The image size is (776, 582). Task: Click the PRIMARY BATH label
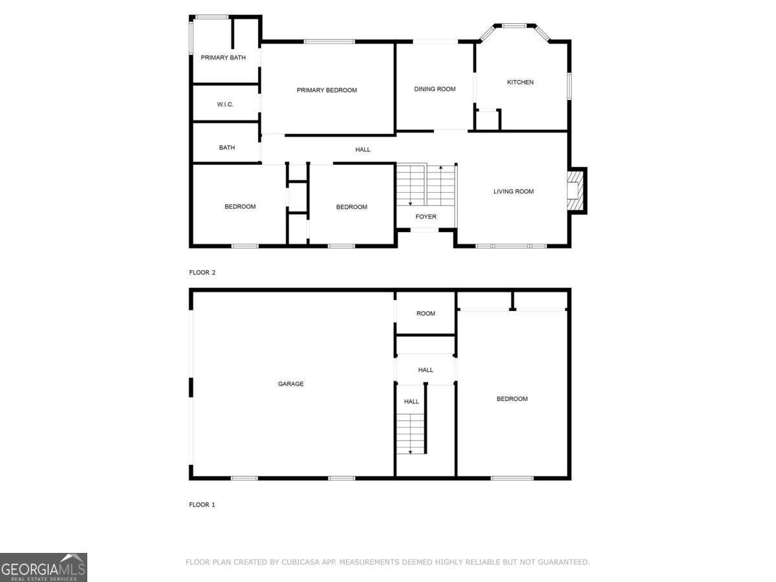(x=223, y=58)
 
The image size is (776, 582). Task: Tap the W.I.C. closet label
(x=225, y=104)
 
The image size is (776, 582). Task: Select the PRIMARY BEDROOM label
(x=327, y=90)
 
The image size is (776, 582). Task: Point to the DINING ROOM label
(x=435, y=89)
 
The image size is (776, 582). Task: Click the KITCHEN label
(x=520, y=82)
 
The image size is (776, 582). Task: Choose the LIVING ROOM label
(x=513, y=191)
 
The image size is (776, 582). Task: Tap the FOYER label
(x=426, y=217)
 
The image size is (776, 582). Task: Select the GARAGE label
(x=290, y=383)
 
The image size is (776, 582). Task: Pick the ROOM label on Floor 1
(x=426, y=314)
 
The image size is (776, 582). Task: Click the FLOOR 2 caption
(x=202, y=272)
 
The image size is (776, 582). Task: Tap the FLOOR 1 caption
(x=202, y=504)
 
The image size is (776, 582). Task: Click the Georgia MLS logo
(x=43, y=567)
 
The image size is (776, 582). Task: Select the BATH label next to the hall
(x=227, y=147)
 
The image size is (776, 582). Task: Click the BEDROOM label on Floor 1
(x=512, y=399)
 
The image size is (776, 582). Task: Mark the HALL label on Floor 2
(x=363, y=149)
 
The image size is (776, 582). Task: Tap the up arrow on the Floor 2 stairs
(x=441, y=168)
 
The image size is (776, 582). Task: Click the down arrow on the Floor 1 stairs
(x=410, y=451)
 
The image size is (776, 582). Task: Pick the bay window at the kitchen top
(x=515, y=26)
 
